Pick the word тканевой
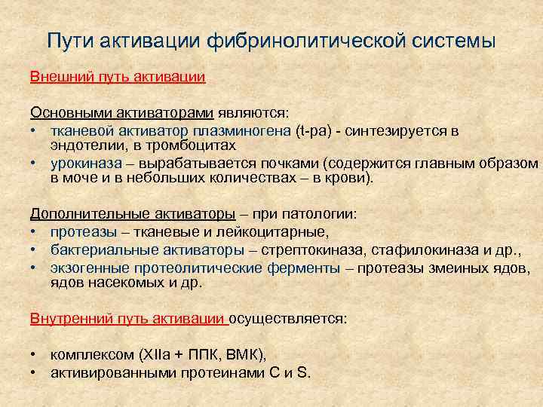pyautogui.click(x=80, y=130)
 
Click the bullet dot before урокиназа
pyautogui.click(x=35, y=163)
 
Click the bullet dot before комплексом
pyautogui.click(x=35, y=354)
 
